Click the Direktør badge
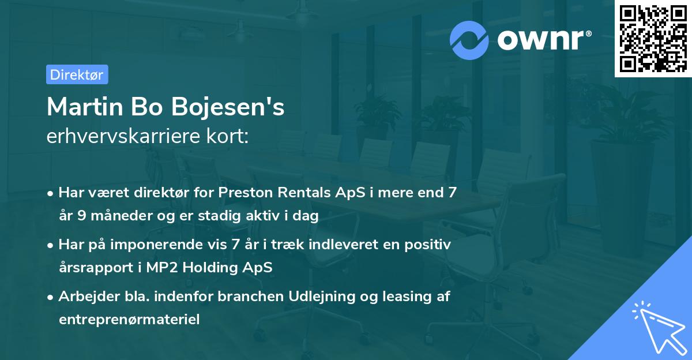[x=77, y=74]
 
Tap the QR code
[x=653, y=38]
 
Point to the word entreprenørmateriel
[x=129, y=320]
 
